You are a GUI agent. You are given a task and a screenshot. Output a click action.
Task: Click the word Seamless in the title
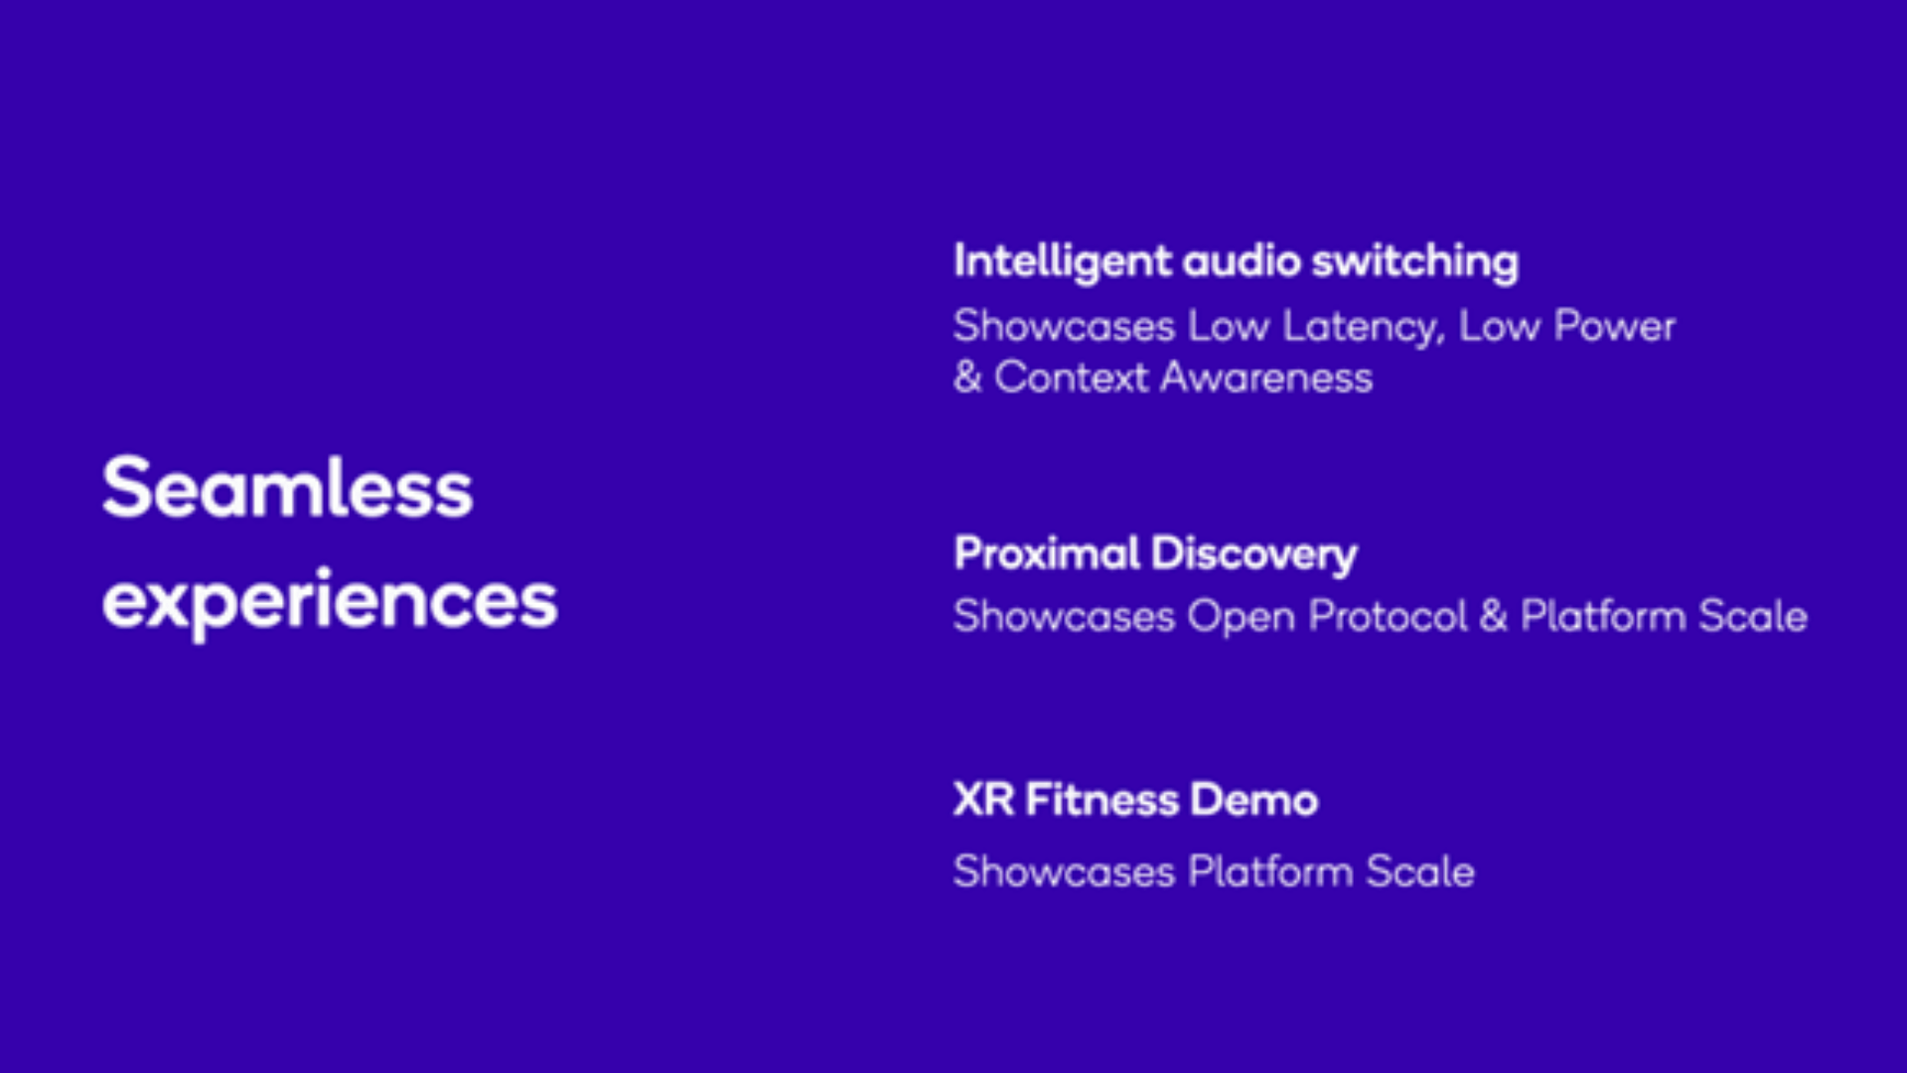287,488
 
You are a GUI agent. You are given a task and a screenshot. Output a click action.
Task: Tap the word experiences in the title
330,601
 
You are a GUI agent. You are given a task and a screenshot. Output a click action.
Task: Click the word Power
1614,326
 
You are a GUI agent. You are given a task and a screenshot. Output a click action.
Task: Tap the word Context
1071,378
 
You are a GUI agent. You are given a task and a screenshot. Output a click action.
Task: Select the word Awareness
1266,378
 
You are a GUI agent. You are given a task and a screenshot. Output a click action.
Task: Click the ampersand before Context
967,378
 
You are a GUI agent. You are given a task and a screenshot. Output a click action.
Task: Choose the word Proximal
1047,553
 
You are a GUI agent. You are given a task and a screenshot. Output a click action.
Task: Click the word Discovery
1254,554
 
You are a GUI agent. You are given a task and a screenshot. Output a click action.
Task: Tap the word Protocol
1388,617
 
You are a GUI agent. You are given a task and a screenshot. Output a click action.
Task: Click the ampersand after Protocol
1493,617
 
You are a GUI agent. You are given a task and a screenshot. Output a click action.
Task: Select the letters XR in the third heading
983,800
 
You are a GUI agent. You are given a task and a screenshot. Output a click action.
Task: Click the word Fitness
1101,800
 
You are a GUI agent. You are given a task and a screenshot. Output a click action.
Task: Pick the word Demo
1254,800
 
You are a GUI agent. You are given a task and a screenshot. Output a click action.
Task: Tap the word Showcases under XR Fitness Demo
1064,872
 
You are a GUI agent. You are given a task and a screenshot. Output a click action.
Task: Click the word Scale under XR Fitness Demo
1419,872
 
